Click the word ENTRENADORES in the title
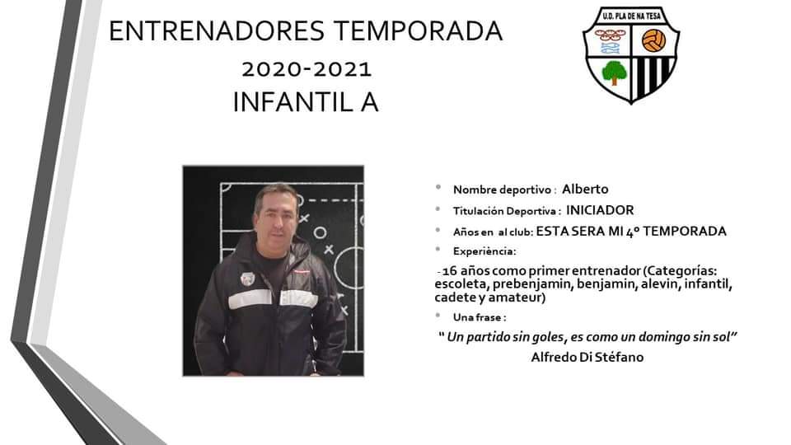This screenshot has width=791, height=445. click(x=217, y=30)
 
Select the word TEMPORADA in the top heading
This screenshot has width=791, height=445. click(x=419, y=30)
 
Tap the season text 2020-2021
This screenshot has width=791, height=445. click(x=307, y=69)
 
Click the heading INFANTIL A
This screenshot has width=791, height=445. click(x=306, y=102)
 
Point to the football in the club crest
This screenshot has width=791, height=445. click(x=653, y=41)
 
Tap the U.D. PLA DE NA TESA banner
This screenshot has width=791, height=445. click(x=631, y=16)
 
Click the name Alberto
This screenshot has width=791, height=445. click(x=585, y=190)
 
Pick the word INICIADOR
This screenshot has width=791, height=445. click(x=600, y=210)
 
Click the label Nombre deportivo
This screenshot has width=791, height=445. click(x=502, y=190)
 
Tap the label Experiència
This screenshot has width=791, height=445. click(x=484, y=251)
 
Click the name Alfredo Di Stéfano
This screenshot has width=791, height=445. click(x=587, y=357)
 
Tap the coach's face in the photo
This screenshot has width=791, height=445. click(x=275, y=217)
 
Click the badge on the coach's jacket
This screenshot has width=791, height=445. click(x=247, y=279)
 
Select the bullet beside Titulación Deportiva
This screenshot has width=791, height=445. click(x=438, y=208)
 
